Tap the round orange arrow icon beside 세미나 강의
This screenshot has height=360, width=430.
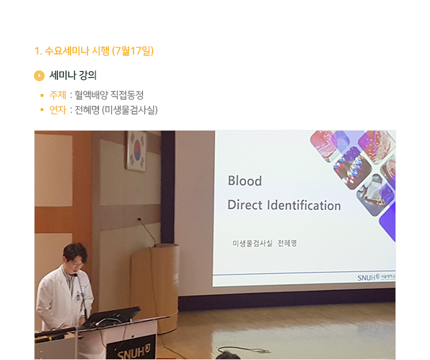pos(39,76)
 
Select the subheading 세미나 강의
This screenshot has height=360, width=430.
pos(73,75)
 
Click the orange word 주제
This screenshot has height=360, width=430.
pos(58,95)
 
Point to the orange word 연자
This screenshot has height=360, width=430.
pos(58,110)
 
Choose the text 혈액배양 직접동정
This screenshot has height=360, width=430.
pos(109,95)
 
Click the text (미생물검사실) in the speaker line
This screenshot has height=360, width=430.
pos(130,110)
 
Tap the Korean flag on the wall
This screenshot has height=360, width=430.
pos(136,151)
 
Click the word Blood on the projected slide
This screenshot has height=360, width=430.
pos(244,181)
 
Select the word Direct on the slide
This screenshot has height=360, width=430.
pos(244,205)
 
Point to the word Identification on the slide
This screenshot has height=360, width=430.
pos(304,205)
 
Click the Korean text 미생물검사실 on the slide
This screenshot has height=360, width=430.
pos(253,244)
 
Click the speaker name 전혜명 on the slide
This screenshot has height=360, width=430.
pos(287,244)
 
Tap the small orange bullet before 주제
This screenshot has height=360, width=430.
pos(42,95)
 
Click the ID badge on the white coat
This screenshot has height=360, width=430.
pos(78,298)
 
